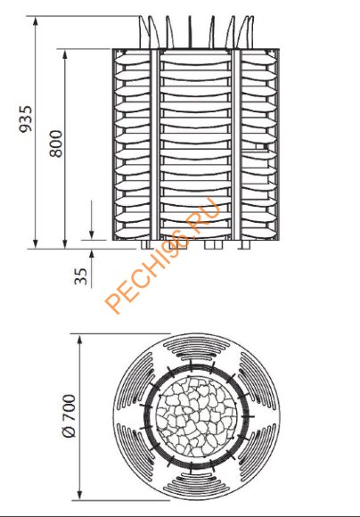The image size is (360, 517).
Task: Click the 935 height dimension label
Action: coord(26,119)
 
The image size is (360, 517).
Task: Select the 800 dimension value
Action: coord(55,144)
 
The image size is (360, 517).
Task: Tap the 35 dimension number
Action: coord(81,275)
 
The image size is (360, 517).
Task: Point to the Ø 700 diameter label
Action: coord(69,416)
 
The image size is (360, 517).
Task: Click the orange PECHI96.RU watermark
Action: coord(162,255)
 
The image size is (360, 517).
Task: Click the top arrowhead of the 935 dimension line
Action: coord(36,21)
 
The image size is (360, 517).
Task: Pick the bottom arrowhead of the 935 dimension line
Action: coord(36,243)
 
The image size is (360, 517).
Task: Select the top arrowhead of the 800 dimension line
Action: coord(65,54)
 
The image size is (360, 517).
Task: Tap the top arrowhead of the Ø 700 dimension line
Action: coord(80,339)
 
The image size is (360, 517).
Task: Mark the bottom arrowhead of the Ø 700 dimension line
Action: coord(80,495)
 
